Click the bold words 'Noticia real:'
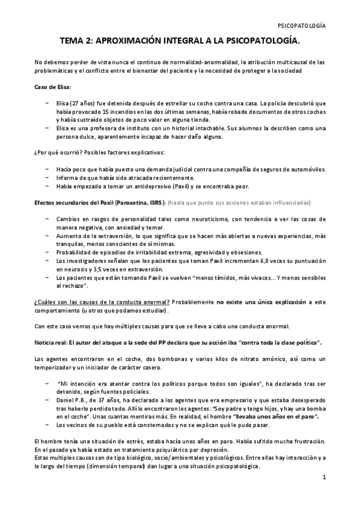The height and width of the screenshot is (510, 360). tap(52, 342)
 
